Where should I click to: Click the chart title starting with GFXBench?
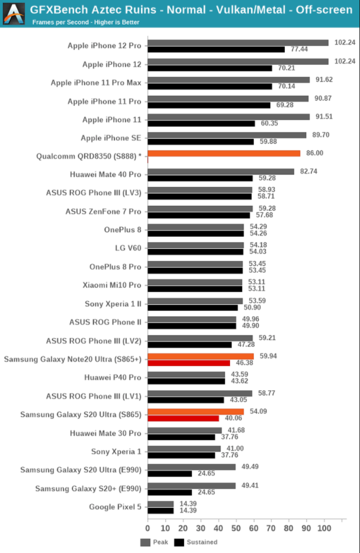(x=191, y=10)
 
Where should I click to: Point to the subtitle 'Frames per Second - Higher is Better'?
(x=86, y=23)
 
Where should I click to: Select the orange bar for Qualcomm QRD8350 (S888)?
(x=224, y=153)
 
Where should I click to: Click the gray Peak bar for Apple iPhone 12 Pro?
(x=238, y=43)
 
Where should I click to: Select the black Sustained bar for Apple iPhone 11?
(x=201, y=123)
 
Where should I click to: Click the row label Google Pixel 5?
(x=115, y=507)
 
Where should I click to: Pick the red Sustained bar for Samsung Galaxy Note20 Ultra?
(x=189, y=363)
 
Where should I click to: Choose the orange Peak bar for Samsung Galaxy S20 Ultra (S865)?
(x=196, y=411)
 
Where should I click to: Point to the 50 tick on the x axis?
(x=236, y=528)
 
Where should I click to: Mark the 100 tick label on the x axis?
(x=324, y=528)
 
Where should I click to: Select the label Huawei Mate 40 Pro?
(x=106, y=175)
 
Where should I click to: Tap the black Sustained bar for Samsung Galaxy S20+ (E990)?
(x=170, y=492)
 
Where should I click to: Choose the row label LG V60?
(x=128, y=248)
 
